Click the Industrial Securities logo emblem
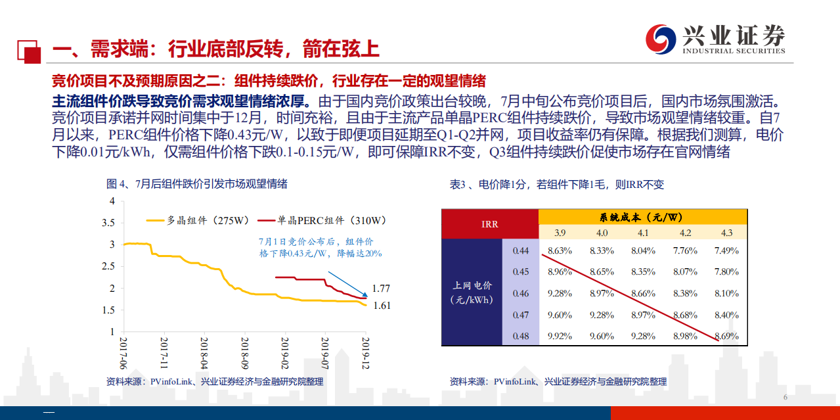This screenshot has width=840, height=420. (x=660, y=39)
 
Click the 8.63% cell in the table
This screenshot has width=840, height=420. (x=560, y=250)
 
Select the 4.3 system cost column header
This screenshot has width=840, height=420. (x=726, y=232)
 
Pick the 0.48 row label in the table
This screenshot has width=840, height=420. (x=520, y=336)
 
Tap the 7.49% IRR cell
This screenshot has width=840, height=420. (x=726, y=250)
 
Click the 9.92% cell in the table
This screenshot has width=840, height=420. (x=560, y=336)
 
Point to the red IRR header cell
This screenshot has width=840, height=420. (x=490, y=224)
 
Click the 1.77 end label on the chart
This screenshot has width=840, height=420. (x=382, y=288)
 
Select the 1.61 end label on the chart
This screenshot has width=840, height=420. (x=382, y=306)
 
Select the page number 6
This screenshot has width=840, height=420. (x=785, y=398)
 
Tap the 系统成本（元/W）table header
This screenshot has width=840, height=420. (x=642, y=216)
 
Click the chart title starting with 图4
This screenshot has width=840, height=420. (x=197, y=184)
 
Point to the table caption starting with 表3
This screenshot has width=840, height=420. (x=557, y=185)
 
